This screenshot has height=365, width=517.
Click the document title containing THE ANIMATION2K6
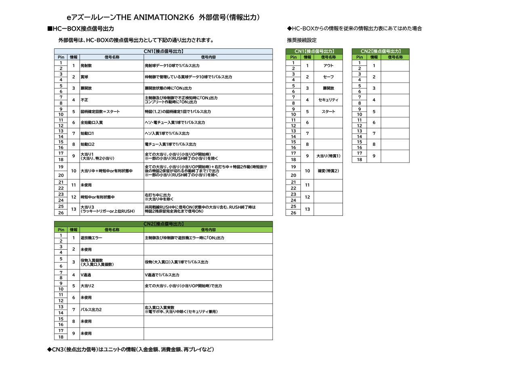tap(163, 17)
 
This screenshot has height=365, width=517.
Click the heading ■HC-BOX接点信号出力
tap(80, 29)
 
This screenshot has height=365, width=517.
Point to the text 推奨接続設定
tap(302, 40)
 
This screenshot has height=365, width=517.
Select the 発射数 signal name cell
tap(111, 66)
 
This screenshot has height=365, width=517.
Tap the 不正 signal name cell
tap(111, 100)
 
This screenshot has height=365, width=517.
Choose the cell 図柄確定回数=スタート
tap(111, 112)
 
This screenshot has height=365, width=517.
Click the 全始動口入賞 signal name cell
tap(111, 123)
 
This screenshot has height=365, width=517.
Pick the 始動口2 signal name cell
tap(111, 144)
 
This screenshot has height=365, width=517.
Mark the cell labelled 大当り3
tap(111, 209)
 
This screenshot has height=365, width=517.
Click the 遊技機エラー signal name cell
tap(111, 238)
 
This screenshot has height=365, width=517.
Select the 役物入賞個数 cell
tap(111, 262)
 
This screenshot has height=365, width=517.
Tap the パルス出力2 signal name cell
tap(111, 310)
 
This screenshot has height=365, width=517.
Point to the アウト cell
tap(328, 66)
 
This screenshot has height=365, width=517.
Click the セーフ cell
tap(328, 77)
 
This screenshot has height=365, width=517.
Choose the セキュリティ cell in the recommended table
tap(328, 100)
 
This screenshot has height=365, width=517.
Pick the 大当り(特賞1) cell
tap(328, 156)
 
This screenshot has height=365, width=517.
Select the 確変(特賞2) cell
tap(328, 171)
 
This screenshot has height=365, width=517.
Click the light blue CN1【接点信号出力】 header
tap(163, 52)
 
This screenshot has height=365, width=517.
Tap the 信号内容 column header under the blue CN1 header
tap(208, 57)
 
